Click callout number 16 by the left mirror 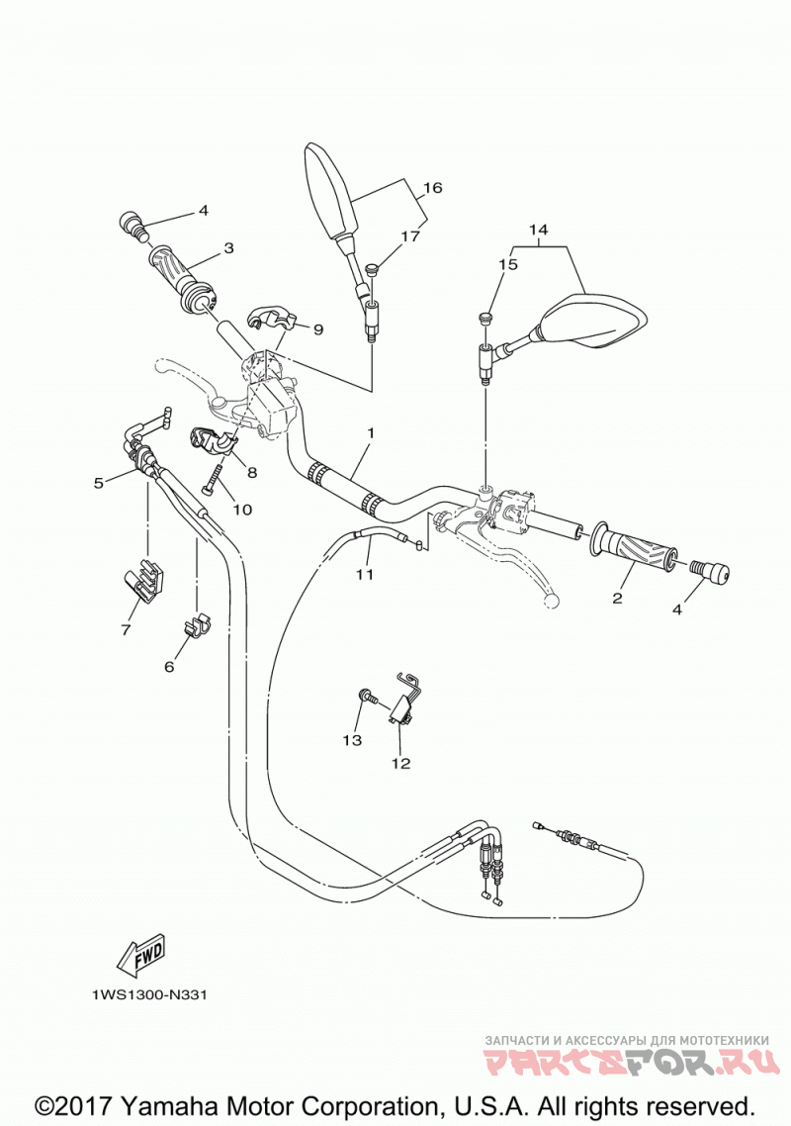point(432,188)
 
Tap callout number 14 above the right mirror point(538,230)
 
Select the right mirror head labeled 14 point(593,320)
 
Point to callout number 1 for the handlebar point(371,433)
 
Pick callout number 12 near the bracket point(400,763)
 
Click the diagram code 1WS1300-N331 point(149,994)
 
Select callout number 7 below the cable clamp point(126,629)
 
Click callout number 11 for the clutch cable point(366,575)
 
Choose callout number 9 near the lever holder point(318,329)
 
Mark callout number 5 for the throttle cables point(99,483)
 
